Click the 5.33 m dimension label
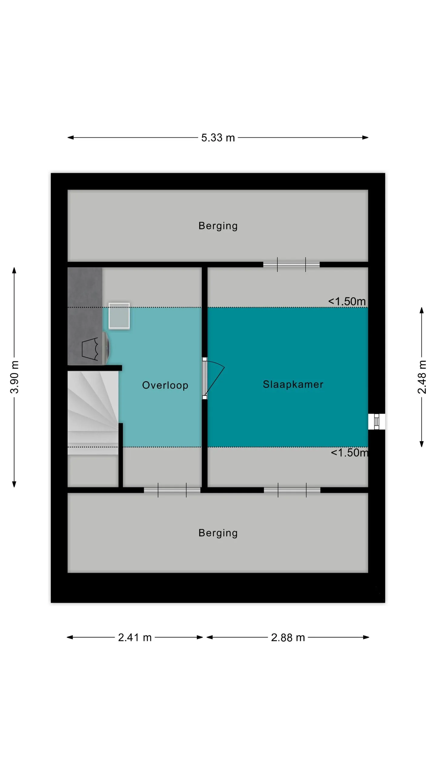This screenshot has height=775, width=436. pos(218,138)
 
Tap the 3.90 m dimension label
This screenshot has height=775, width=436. pos(15,377)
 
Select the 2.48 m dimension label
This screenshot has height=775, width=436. pos(422,377)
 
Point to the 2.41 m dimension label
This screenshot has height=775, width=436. pos(135,637)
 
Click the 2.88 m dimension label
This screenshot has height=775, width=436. pos(288,637)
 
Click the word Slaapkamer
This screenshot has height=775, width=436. pos(293,384)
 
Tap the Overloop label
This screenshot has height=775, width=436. pos(165,385)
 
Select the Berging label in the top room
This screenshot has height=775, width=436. pos(218,226)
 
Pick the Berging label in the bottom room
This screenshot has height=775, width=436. pos(218,533)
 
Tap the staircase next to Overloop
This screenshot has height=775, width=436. pos(93,413)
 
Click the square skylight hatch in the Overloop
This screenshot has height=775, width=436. pos(119,316)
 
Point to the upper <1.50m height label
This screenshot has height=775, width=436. pos(347,302)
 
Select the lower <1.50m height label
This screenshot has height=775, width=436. pos(349,453)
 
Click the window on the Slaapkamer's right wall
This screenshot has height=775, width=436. pos(377,421)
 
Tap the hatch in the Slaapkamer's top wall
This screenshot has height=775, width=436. pos(291,265)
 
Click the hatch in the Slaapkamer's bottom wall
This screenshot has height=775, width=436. pos(292,490)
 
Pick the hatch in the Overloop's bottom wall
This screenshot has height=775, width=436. pos(172,490)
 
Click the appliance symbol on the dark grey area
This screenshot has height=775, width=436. pos(90,349)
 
